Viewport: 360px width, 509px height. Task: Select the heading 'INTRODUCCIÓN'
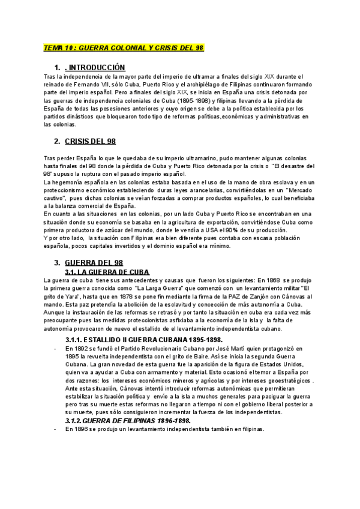(95, 67)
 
